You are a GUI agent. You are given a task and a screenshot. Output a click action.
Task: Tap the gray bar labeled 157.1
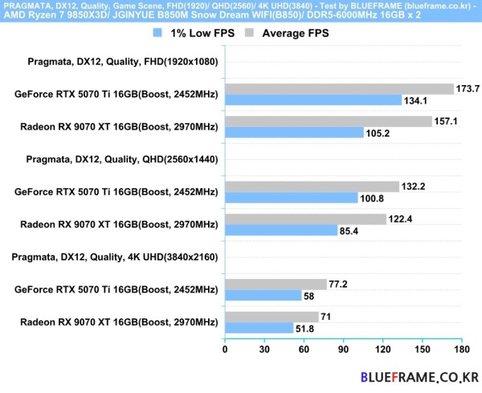[x=329, y=121]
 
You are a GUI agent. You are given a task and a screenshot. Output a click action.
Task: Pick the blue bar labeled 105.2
[x=294, y=133]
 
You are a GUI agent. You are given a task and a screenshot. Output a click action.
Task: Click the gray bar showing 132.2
[x=312, y=186]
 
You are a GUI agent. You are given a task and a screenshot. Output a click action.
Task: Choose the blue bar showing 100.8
[x=292, y=198]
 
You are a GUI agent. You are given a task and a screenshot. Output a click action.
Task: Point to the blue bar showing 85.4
[x=281, y=230]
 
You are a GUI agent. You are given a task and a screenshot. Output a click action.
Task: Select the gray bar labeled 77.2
[x=276, y=285]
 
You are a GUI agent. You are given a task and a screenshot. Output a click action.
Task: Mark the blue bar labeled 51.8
[x=259, y=328]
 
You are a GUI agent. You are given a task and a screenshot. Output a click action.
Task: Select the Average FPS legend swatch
[x=250, y=34]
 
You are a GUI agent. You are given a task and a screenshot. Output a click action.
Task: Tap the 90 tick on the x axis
[x=344, y=350]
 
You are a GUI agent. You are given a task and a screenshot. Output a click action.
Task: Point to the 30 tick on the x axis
[x=264, y=350]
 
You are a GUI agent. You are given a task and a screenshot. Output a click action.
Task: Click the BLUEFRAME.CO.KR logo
[x=419, y=376]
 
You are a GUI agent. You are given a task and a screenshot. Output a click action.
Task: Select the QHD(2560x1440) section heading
[x=122, y=159]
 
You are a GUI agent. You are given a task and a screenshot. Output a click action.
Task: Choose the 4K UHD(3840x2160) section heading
[x=122, y=257]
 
